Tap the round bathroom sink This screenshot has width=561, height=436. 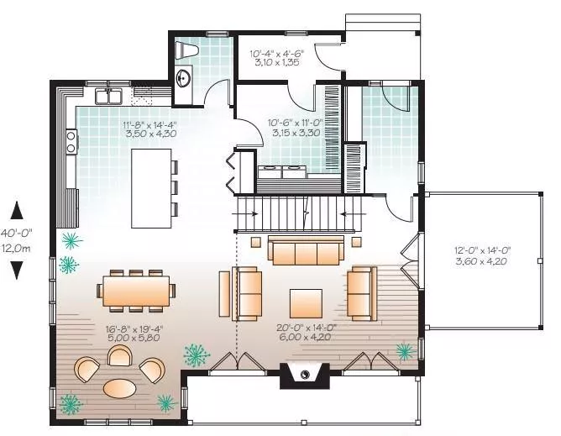[184, 77]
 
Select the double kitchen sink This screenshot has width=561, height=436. [108, 96]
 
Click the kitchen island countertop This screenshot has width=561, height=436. [151, 188]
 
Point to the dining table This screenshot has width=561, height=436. [136, 291]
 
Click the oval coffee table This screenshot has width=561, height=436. [120, 388]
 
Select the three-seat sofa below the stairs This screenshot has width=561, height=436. [306, 250]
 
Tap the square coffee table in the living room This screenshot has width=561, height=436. [306, 303]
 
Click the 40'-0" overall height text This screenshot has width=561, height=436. [16, 233]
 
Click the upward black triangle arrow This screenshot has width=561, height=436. [17, 210]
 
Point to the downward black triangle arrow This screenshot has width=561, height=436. [17, 271]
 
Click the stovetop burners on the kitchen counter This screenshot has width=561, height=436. [71, 142]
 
